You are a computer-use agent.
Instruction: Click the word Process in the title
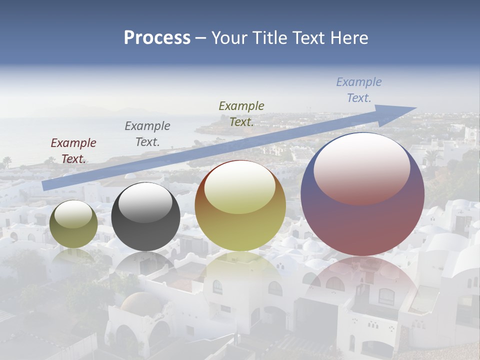tap(157, 38)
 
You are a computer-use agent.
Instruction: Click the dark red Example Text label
tap(73, 150)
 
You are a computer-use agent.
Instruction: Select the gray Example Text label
tap(147, 133)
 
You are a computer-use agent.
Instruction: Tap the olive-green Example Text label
tap(241, 113)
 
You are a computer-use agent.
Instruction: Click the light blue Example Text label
tap(358, 89)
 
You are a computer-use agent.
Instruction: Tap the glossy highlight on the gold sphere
tap(239, 186)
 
